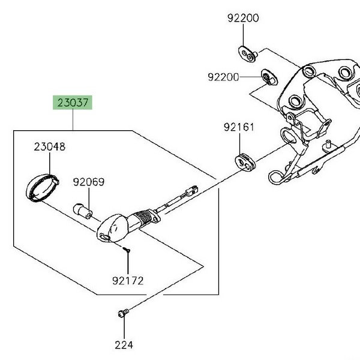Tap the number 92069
coord(89,181)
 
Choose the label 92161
coord(239,127)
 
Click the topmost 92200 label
coord(243,19)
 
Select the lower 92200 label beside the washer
coord(224,77)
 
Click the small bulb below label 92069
coord(83,210)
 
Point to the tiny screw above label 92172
coord(127,248)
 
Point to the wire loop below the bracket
coord(277,176)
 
